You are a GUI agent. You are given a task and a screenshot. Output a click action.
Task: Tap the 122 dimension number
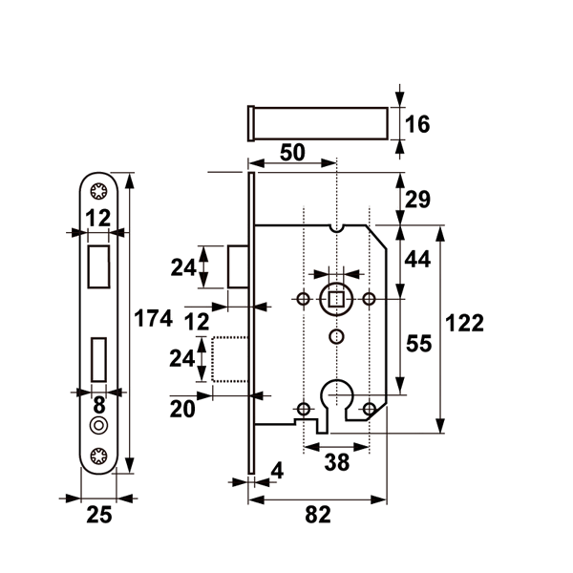coord(464,323)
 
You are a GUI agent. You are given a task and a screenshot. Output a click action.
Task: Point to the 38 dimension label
coord(335,462)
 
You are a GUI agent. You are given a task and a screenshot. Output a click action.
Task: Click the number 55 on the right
coord(419,344)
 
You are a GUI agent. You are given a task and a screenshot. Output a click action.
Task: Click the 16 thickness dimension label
coord(418,124)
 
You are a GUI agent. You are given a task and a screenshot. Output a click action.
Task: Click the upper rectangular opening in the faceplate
coord(98,265)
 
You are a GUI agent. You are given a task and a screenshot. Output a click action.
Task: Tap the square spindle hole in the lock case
coord(335,299)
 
